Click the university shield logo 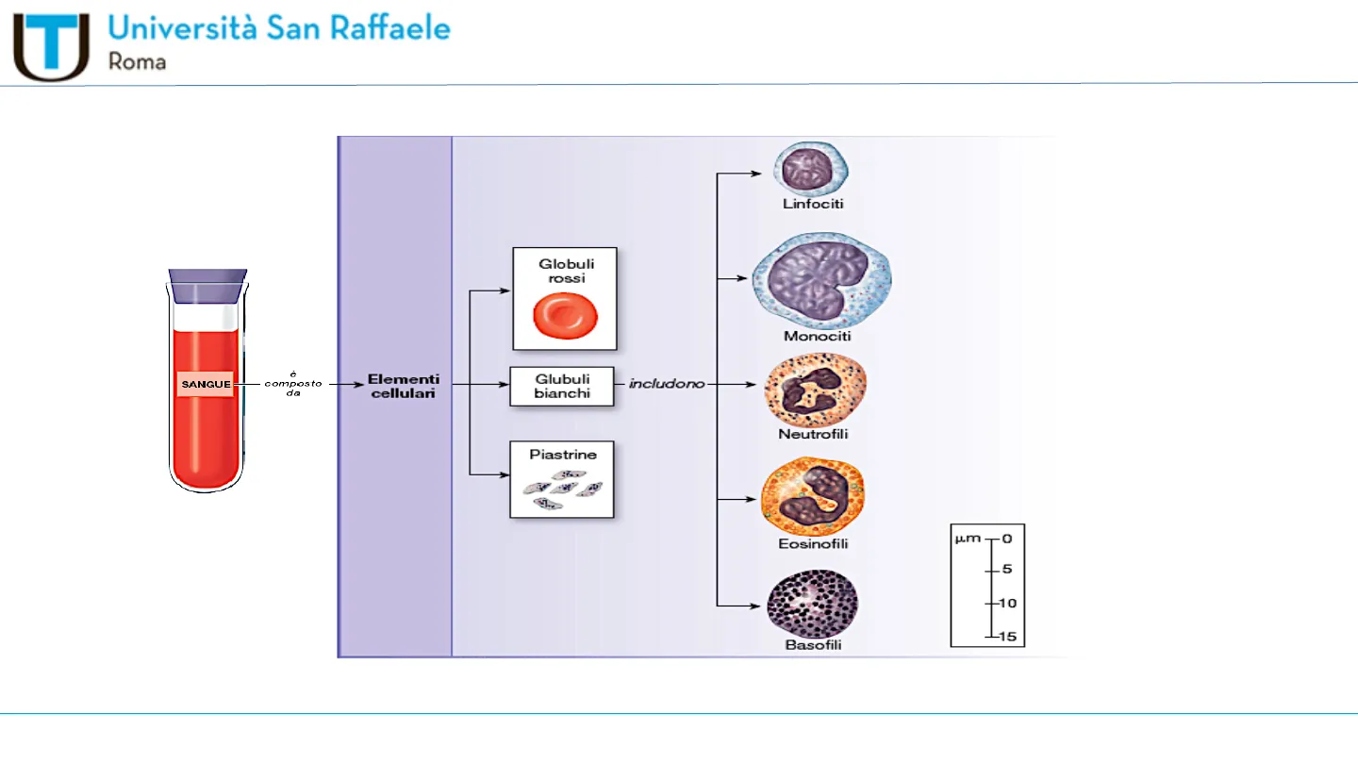pos(51,46)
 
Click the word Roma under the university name pos(138,62)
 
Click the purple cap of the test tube pos(207,286)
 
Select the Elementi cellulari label pos(403,386)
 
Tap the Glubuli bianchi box pos(562,386)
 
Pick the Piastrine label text pos(563,455)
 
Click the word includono pos(667,385)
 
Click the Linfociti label pos(813,204)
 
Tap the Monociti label pos(817,336)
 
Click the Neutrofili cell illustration pos(815,390)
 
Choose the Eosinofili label pos(813,544)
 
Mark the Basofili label pos(813,646)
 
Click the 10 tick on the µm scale pos(1006,603)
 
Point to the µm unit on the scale pos(967,539)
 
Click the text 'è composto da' pos(293,383)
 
